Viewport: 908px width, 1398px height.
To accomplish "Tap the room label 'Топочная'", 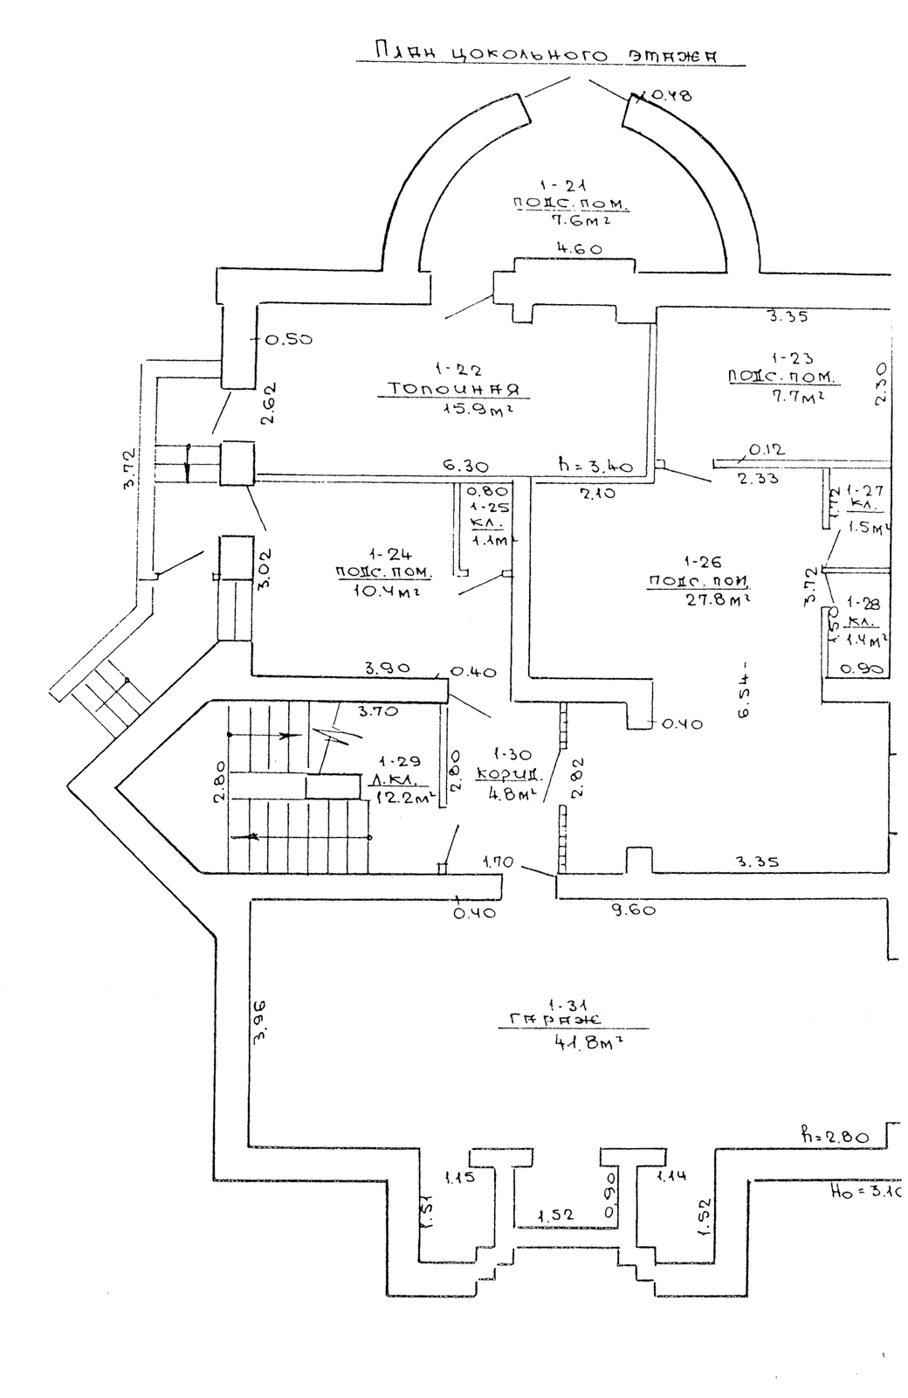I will coord(455,389).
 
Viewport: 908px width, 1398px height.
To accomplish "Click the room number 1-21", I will coord(554,185).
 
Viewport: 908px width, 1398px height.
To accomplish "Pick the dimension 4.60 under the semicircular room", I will coord(579,249).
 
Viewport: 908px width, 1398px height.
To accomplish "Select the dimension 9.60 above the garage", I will coord(633,910).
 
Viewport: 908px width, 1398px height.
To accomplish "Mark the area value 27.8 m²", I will coord(705,599).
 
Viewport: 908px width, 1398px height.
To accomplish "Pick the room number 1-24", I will coord(384,554).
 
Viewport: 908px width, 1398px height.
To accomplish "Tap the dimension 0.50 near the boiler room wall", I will coord(289,340).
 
